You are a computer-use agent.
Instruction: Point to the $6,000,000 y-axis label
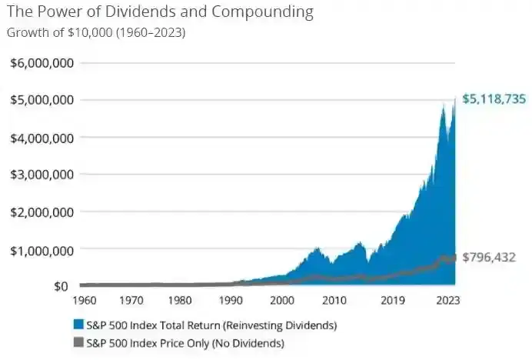pos(42,63)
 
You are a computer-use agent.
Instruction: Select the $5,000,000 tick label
pos(42,100)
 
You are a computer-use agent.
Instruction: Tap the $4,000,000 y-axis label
pos(42,138)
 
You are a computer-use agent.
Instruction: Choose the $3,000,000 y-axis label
pos(42,175)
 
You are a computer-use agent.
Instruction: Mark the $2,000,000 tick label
pos(42,212)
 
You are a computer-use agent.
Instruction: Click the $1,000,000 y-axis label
pos(42,250)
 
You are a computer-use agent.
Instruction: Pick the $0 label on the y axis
pos(62,287)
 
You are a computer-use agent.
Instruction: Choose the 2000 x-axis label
pos(285,302)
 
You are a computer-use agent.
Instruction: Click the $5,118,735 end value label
pos(495,99)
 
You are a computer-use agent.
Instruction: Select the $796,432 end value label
pos(490,257)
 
